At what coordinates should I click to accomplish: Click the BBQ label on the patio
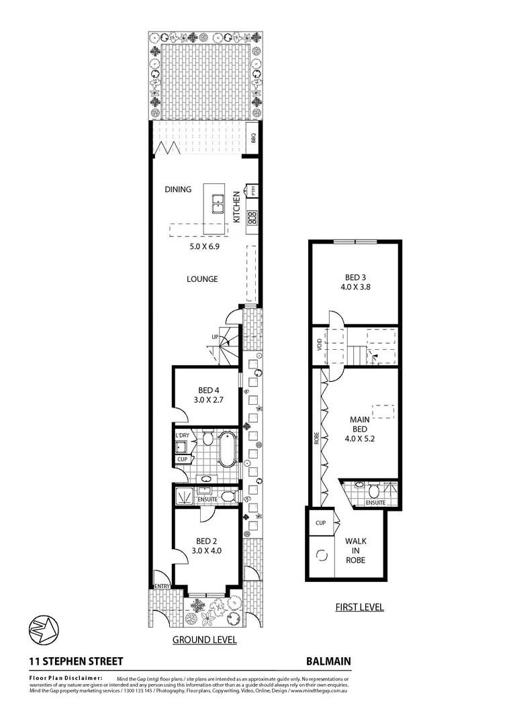click(253, 139)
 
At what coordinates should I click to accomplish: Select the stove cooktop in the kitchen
click(252, 217)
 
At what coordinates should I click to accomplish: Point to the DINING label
click(178, 189)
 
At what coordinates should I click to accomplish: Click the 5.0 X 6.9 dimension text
click(205, 246)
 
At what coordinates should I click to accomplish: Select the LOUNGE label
click(202, 279)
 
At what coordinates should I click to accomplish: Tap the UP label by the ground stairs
click(215, 337)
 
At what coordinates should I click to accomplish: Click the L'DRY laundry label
click(182, 436)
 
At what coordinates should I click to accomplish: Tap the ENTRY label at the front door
click(162, 586)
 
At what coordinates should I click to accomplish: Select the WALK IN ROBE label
click(355, 550)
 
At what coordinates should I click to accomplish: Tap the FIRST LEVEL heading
click(359, 608)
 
